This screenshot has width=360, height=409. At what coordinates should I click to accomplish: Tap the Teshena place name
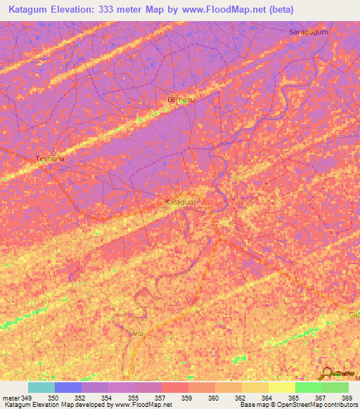pos(50,159)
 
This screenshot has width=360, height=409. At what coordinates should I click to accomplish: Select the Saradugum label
pos(309,32)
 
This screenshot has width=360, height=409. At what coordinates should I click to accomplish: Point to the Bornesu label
pos(180,100)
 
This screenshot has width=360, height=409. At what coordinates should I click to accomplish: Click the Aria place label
pos(136,334)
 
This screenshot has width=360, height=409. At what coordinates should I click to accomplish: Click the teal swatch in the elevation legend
pos(41,387)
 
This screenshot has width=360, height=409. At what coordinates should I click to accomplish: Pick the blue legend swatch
pos(68,387)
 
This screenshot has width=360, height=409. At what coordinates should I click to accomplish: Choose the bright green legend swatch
pos(308,387)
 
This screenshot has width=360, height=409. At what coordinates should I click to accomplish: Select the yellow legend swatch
pos(281,387)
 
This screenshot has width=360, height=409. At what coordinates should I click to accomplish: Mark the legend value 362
pos(239,397)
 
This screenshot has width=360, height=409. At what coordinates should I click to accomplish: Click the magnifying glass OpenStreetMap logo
pos(327,372)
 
